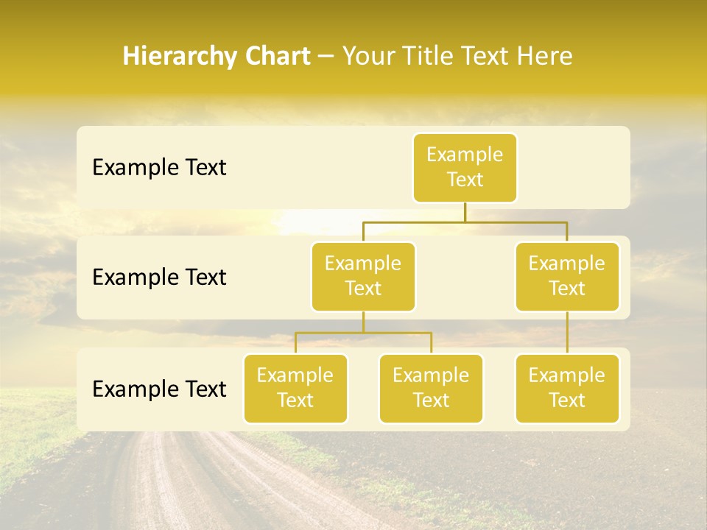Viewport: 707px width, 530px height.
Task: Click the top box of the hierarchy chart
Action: coord(465,167)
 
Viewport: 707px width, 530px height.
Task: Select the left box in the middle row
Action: coord(363,276)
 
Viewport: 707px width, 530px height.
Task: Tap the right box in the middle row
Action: coord(567,276)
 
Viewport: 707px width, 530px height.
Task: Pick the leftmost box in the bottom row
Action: coord(295,388)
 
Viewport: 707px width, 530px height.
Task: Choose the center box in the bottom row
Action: coord(431,388)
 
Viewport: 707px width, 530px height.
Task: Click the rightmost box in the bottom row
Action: coord(567,388)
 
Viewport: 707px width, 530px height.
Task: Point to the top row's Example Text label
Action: coord(159,168)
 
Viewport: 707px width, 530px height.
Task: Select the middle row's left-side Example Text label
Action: coord(159,278)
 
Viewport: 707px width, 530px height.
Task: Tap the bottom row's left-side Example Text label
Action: coord(159,389)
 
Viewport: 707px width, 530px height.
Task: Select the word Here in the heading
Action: coord(546,57)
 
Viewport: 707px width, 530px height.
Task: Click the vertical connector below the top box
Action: coord(465,212)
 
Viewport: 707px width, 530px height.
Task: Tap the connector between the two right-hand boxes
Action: coord(567,333)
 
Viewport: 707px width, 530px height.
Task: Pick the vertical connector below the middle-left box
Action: coord(363,322)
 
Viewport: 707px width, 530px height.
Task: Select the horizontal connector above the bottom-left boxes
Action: coord(363,333)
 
